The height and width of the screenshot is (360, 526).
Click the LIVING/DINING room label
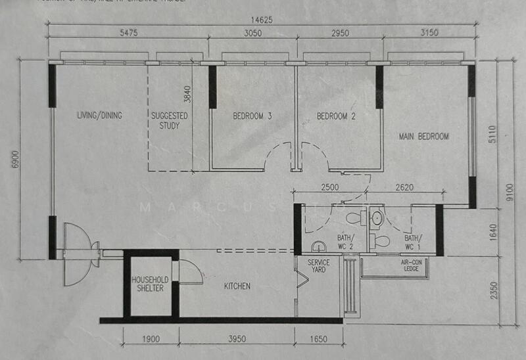pos(100,116)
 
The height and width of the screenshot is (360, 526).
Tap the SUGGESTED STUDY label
pos(170,121)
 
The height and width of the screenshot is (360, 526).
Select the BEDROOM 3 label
pos(252,117)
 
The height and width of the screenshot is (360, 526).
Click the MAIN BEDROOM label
pos(424,137)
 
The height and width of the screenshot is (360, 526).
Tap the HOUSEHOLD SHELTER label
pos(151,284)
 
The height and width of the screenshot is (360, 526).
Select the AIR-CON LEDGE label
pos(415,265)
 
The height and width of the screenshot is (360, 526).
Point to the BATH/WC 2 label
pos(347,241)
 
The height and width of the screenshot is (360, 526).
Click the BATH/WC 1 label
pos(412,242)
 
